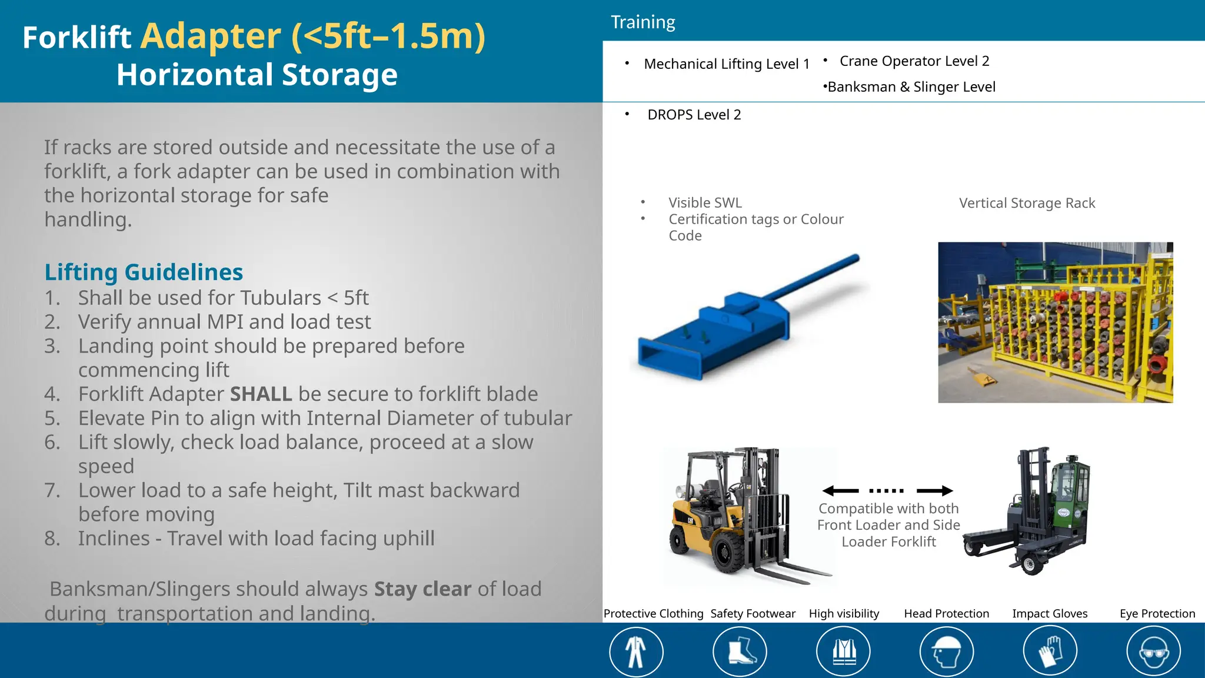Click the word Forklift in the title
[x=76, y=38]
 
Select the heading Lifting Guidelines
[x=144, y=272]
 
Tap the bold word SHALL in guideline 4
[x=261, y=394]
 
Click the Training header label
[x=643, y=22]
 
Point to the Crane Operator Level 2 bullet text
[x=914, y=61]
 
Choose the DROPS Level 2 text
[x=694, y=115]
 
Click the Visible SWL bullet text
[x=705, y=202]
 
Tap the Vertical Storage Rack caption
[x=1027, y=203]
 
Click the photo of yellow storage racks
[x=1055, y=323]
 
